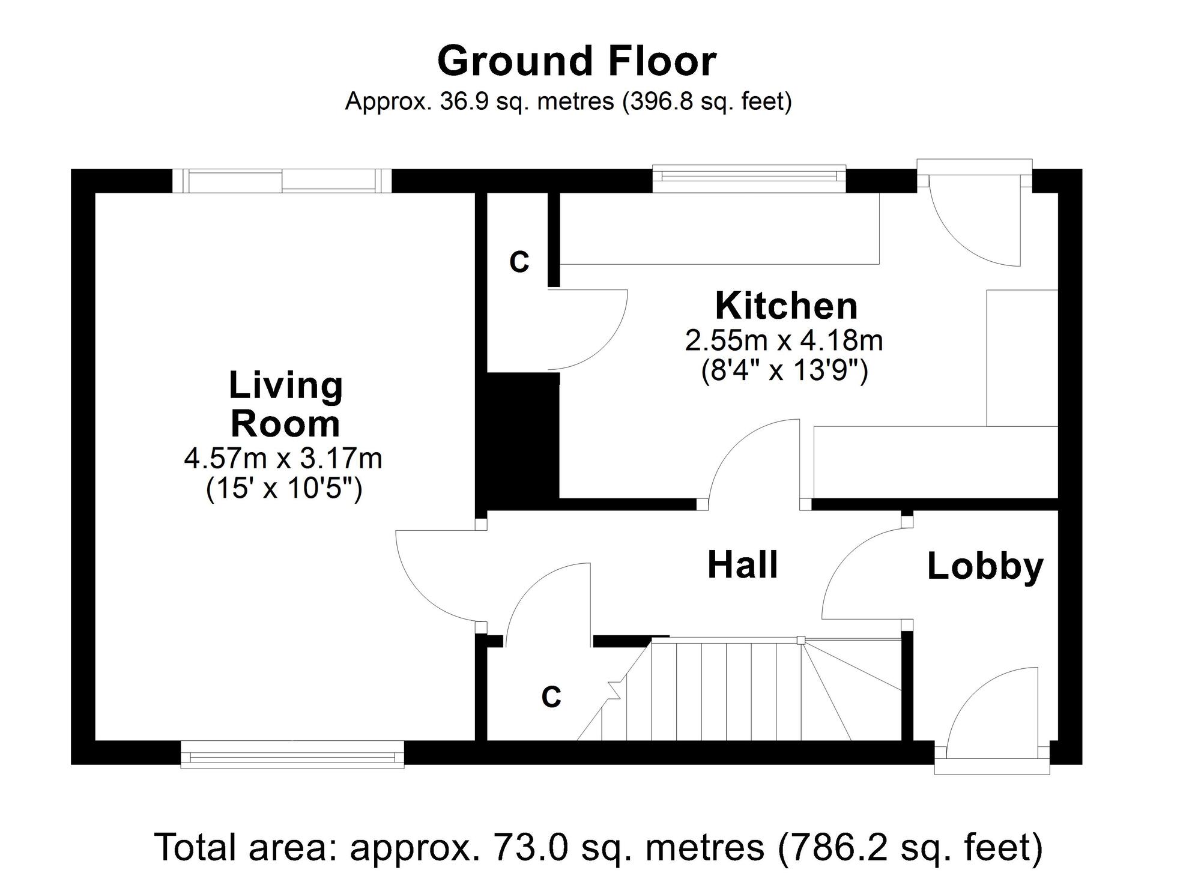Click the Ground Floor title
point(576,61)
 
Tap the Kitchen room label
point(786,306)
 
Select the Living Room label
point(286,405)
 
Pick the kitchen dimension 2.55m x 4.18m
point(784,341)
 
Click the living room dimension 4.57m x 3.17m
point(283,459)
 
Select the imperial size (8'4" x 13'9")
point(784,371)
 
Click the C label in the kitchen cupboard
point(519,262)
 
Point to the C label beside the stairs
point(551,697)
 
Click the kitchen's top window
point(749,179)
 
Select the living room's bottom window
point(292,754)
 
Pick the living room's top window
point(282,181)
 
